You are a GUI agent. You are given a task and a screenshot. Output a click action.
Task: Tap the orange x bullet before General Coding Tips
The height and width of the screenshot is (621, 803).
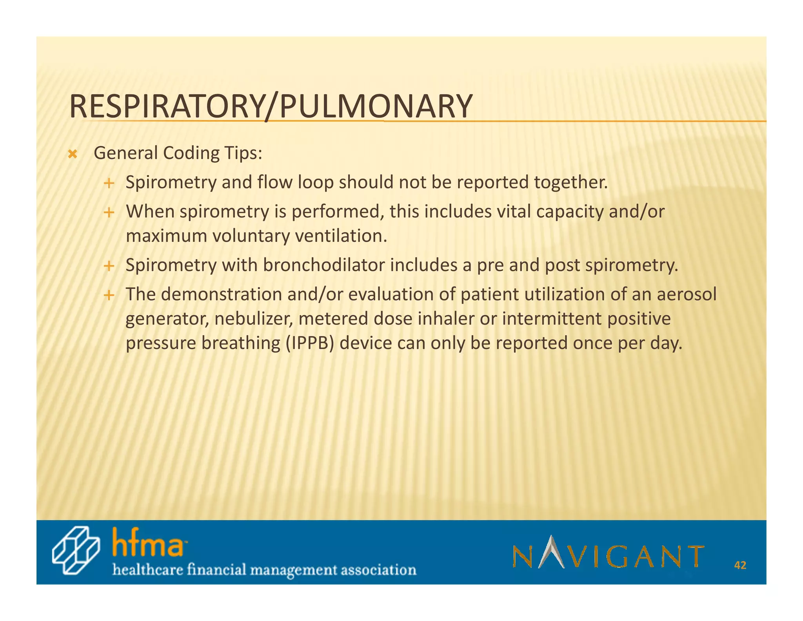coord(72,154)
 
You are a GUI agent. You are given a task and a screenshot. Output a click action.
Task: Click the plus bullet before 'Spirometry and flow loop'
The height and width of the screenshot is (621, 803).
coord(109,183)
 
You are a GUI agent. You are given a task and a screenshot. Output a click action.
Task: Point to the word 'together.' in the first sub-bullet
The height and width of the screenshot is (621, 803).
coord(570,183)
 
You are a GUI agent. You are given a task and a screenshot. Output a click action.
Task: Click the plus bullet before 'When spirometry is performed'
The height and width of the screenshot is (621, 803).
coord(109,213)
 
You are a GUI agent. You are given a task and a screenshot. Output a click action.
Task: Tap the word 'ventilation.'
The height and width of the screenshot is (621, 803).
coord(341,236)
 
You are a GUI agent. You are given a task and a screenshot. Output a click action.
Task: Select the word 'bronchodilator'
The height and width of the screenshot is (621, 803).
coord(324,265)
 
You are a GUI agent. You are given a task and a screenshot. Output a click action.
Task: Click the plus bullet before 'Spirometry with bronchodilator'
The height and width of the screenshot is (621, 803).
coord(109,267)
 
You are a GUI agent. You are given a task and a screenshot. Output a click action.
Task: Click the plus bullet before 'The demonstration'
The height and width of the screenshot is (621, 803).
coord(109,295)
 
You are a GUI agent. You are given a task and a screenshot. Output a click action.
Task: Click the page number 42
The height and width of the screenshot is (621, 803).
coord(740,565)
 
